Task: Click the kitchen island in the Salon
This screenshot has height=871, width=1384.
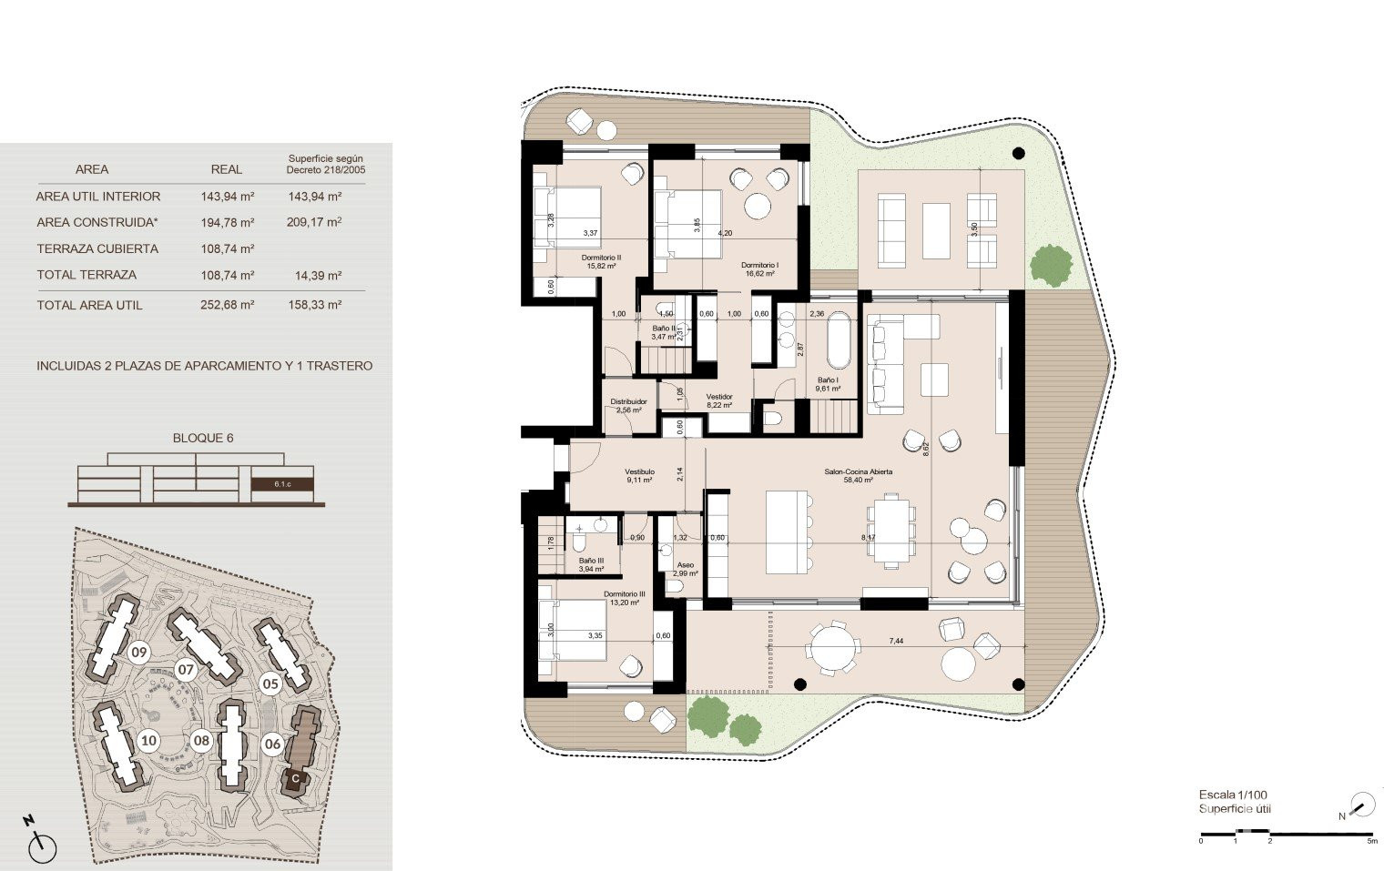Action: (x=788, y=532)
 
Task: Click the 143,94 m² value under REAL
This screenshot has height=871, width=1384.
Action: (x=227, y=196)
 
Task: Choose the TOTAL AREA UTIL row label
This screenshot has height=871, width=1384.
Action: (x=89, y=305)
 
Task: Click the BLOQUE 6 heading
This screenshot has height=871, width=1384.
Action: (x=203, y=438)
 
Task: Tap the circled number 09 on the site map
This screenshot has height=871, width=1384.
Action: (x=138, y=652)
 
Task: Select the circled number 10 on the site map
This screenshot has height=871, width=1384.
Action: (x=148, y=740)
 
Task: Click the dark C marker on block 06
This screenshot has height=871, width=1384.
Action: (x=294, y=779)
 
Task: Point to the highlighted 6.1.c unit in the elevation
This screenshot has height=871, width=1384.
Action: (x=282, y=484)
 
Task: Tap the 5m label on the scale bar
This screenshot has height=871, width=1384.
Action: (x=1371, y=841)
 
